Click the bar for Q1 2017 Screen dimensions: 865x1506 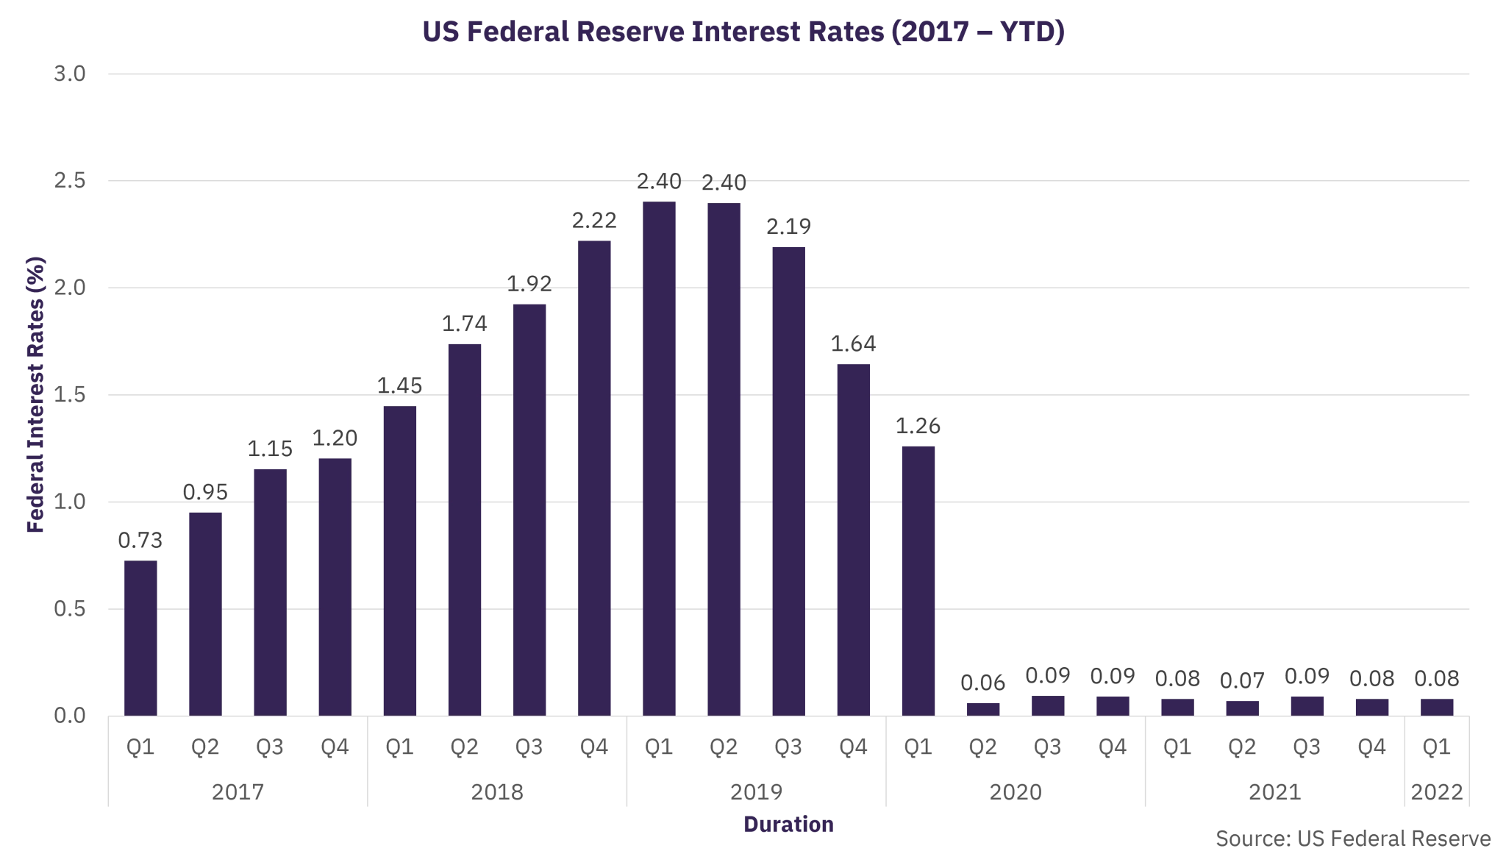140,636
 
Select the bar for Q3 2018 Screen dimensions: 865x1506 529,508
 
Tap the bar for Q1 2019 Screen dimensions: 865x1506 659,456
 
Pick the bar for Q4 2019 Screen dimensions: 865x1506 853,537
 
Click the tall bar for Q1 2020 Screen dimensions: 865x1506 918,577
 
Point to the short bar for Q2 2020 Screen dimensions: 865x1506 982,708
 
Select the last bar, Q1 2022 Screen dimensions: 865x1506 1437,705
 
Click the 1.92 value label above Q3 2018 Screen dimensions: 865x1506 529,284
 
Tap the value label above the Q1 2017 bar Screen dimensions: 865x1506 140,543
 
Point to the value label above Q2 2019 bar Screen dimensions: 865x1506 724,182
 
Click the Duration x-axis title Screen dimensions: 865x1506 788,825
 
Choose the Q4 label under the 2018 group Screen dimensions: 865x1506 594,748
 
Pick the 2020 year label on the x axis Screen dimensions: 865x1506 1015,792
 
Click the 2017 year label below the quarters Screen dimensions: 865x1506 238,792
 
